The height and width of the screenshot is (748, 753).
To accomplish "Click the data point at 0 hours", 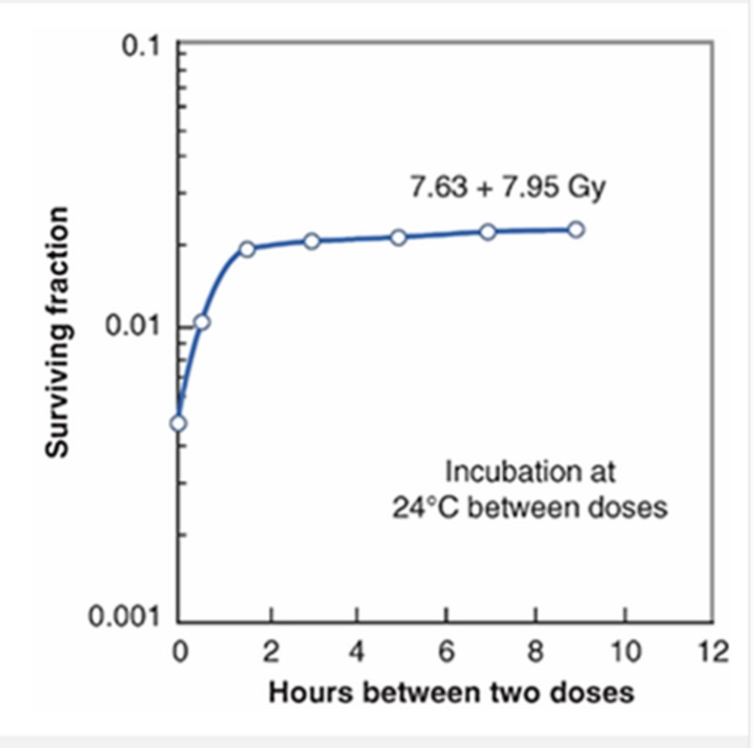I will coord(178,423).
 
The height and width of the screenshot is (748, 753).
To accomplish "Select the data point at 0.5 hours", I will coord(202,322).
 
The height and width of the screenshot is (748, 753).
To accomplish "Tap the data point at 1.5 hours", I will coord(247,249).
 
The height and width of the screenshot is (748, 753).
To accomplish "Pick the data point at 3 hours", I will coord(312,241).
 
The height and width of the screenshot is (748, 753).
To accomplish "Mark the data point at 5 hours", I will coord(399,237).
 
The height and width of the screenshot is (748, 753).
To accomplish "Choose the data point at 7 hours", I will coord(488,232).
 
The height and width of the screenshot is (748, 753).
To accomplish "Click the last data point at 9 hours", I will coord(576,229).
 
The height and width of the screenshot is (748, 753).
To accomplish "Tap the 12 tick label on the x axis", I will coord(713,653).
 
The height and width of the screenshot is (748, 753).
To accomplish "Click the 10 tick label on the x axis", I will coord(625,653).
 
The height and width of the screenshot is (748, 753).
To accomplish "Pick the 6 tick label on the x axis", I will coord(446,653).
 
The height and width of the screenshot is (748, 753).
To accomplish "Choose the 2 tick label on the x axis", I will coord(270,653).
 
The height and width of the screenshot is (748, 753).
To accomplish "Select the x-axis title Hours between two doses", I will coord(451,693).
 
